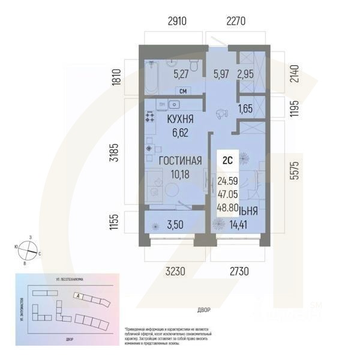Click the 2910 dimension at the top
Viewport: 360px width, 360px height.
click(x=177, y=22)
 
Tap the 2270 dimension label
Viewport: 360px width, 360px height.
click(x=235, y=22)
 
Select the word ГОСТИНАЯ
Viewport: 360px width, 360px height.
click(x=179, y=161)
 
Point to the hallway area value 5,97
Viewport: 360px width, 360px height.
click(x=222, y=75)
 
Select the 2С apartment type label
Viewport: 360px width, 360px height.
click(x=228, y=160)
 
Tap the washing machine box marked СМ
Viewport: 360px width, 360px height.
click(x=182, y=91)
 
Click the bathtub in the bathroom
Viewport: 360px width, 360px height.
click(x=151, y=78)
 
